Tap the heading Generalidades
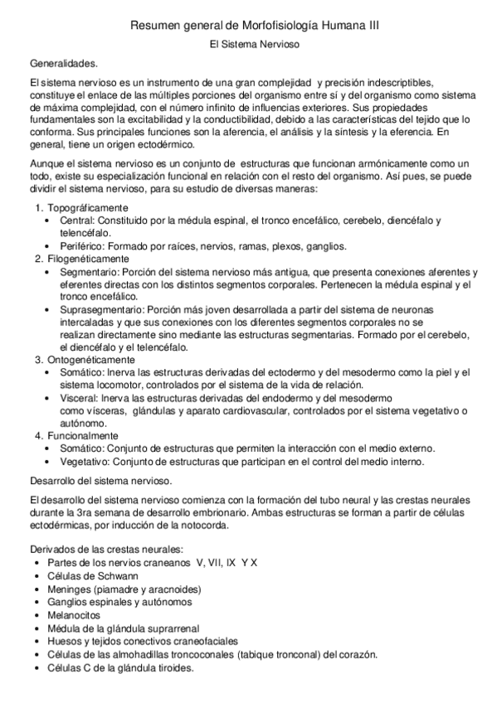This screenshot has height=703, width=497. [x=62, y=63]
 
